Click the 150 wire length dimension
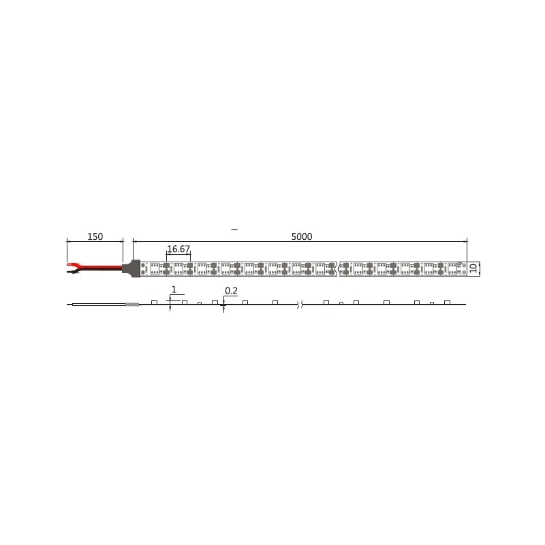[95, 236]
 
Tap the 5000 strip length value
[302, 236]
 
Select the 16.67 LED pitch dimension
[178, 249]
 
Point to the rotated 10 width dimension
[473, 268]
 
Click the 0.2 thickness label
[231, 291]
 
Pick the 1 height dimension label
[174, 289]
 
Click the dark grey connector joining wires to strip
[131, 268]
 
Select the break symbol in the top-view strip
[338, 268]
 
